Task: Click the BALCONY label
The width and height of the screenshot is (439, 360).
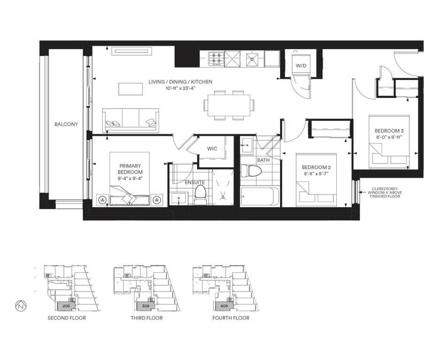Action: click(66, 124)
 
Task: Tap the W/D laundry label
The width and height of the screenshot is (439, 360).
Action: click(301, 66)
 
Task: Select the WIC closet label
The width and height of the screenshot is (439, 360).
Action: click(212, 149)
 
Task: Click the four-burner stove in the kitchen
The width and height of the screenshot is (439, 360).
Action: click(216, 59)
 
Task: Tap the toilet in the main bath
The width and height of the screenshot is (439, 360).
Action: click(251, 171)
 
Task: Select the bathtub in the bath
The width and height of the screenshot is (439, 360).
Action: click(260, 197)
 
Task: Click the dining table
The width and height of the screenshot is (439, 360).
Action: click(229, 105)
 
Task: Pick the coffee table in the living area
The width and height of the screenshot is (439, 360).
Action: click(130, 89)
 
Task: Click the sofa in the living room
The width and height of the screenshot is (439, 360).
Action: click(130, 120)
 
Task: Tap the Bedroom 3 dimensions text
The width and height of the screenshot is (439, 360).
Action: click(389, 137)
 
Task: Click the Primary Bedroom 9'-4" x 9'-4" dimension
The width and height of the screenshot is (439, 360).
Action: click(130, 179)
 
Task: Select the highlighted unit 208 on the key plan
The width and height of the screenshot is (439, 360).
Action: click(66, 306)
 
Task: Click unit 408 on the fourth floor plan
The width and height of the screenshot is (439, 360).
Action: click(224, 306)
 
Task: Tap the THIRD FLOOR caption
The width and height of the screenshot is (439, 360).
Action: click(147, 318)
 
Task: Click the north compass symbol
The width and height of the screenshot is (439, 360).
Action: click(21, 306)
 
